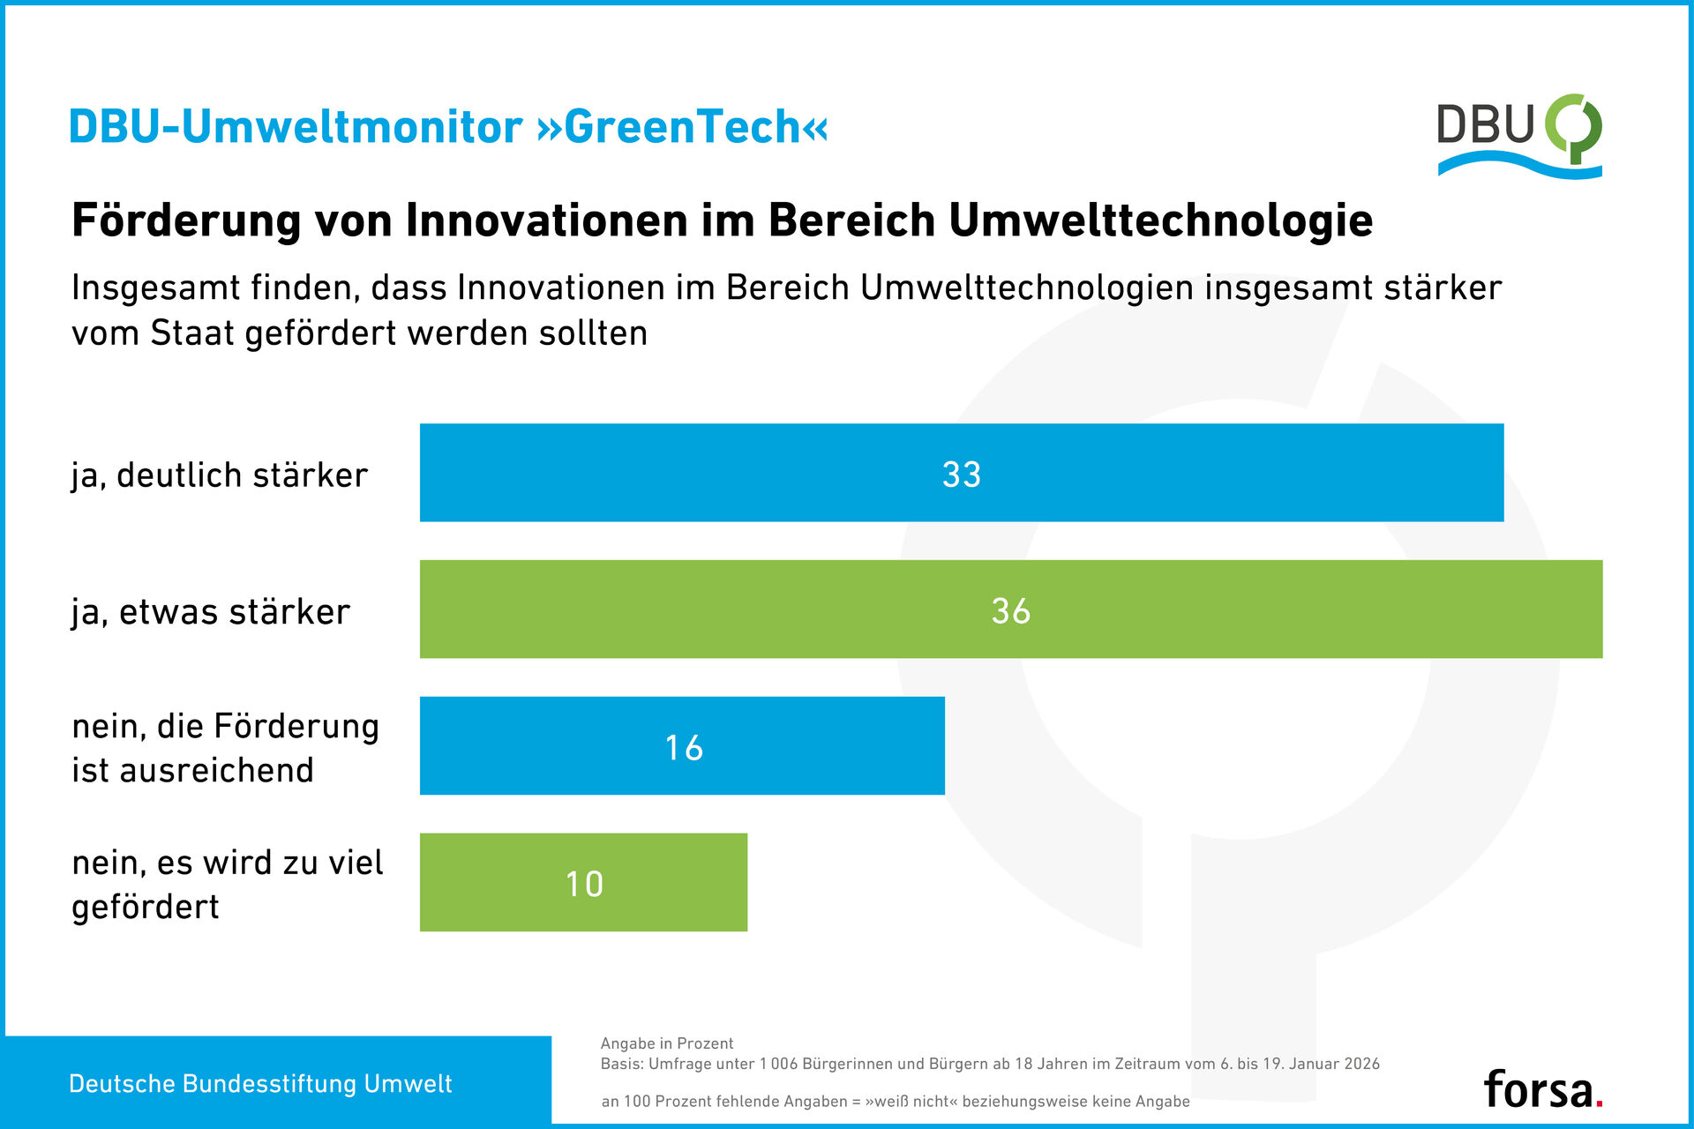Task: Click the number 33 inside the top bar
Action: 962,475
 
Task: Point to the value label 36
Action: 1011,611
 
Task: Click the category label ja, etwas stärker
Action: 211,612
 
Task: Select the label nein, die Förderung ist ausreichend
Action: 225,748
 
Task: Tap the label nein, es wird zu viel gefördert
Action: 227,884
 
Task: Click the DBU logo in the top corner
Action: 1519,134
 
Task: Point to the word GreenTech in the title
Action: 681,127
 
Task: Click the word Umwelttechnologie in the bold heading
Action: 1160,221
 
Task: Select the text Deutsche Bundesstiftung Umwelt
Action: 260,1084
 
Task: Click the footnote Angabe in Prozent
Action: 667,1043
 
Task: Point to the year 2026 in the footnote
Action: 1359,1064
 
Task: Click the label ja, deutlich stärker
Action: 220,475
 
